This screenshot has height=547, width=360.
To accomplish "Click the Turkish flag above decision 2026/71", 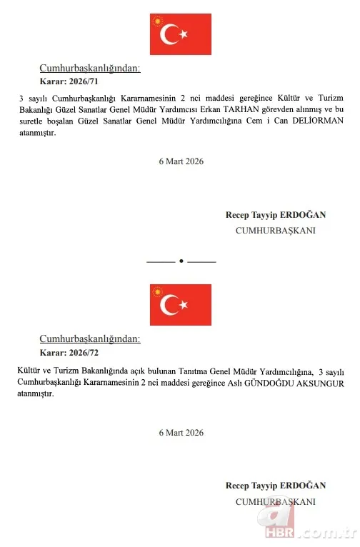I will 180,34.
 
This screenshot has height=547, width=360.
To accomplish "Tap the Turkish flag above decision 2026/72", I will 180,305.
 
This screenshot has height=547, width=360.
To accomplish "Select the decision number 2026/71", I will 79,82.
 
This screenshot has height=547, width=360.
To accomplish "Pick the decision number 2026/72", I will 79,353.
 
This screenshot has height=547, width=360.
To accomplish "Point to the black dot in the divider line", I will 181,261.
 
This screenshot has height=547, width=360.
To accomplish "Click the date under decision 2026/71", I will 181,161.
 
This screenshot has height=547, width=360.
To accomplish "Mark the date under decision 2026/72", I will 181,433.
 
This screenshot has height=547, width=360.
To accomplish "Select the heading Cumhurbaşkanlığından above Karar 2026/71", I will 89,69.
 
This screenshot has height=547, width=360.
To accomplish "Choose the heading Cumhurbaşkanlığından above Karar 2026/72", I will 89,339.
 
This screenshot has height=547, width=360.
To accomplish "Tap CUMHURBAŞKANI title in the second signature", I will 275,501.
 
